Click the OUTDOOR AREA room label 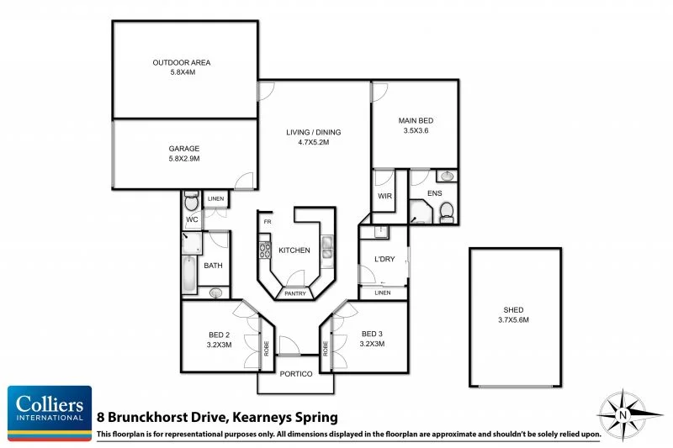[181, 62]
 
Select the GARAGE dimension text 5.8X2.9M [183, 158]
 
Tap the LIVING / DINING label [313, 132]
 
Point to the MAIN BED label [416, 120]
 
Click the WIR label [385, 195]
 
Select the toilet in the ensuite [448, 209]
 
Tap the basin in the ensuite [447, 177]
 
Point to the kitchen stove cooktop [262, 250]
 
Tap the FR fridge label [268, 222]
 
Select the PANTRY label [294, 293]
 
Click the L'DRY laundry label [384, 259]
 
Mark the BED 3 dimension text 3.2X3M [372, 344]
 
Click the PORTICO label [295, 373]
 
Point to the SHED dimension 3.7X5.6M [515, 319]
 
